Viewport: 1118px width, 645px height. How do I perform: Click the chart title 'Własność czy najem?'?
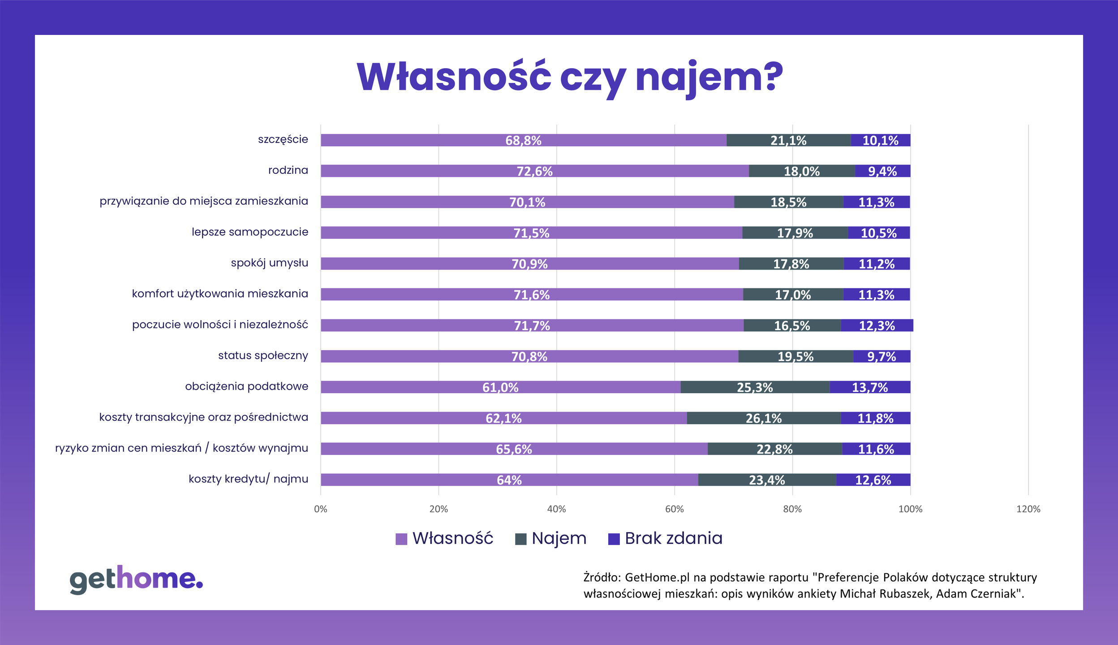tap(570, 77)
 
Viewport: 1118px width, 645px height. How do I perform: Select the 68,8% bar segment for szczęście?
tap(523, 140)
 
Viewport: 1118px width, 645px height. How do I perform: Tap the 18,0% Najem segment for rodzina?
tap(801, 171)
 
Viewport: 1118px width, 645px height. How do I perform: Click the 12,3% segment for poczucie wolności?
tap(877, 326)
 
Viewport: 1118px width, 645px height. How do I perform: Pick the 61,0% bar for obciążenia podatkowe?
tap(500, 387)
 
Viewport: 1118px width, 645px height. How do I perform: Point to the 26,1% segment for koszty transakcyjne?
tap(763, 418)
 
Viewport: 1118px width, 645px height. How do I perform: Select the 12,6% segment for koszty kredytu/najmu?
tap(873, 480)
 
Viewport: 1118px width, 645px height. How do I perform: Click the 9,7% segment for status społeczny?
tap(881, 357)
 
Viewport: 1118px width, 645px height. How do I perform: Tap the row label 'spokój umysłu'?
tap(269, 263)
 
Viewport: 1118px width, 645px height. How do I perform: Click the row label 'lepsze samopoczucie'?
tap(249, 232)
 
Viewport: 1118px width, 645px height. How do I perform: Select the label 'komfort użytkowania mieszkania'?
tap(219, 294)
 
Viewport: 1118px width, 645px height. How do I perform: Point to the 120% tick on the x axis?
tap(1028, 509)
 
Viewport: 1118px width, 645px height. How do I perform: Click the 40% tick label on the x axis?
tap(556, 509)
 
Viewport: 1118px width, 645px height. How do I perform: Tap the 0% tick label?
tap(321, 509)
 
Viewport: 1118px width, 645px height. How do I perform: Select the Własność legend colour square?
tap(401, 539)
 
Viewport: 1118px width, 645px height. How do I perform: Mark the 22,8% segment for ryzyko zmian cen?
tap(774, 449)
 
